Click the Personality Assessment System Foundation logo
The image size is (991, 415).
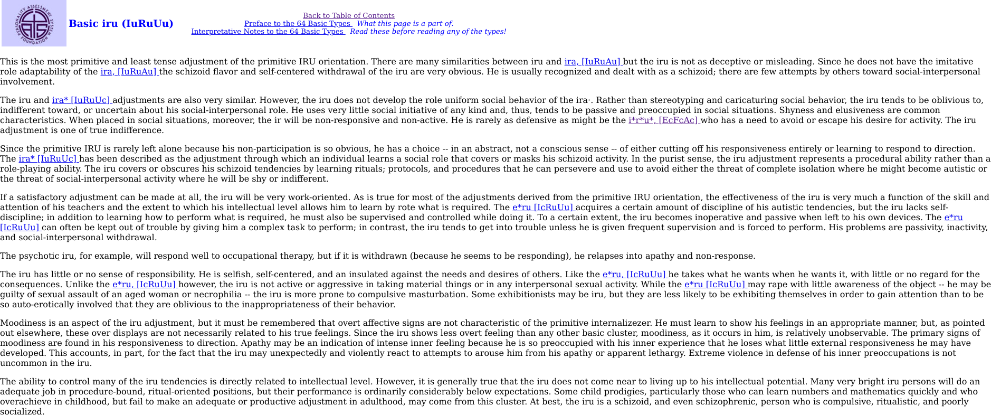click(x=34, y=23)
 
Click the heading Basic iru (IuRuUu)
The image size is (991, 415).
click(x=121, y=23)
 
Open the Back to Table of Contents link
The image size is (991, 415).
click(x=348, y=16)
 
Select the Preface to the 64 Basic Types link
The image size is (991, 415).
click(x=297, y=24)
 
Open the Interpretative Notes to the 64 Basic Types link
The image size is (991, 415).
click(x=267, y=32)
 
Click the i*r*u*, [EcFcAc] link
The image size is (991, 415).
click(x=663, y=120)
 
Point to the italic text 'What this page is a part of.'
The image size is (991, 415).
click(x=405, y=24)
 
